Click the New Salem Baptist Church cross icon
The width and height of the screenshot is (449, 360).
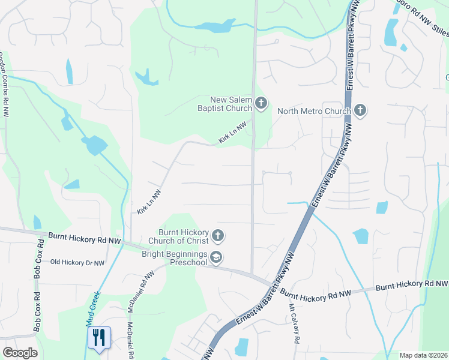click(x=261, y=103)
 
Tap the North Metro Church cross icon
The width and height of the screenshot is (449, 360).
click(x=360, y=110)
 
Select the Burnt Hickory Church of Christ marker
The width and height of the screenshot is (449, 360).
click(x=217, y=236)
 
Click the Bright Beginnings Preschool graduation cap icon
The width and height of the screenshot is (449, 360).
click(x=217, y=258)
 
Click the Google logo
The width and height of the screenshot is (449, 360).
click(x=20, y=353)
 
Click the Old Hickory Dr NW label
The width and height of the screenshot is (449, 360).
click(x=77, y=262)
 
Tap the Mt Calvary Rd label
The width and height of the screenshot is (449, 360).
click(x=294, y=323)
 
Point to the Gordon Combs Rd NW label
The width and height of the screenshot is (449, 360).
click(x=5, y=83)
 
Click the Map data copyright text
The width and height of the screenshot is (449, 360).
click(x=423, y=355)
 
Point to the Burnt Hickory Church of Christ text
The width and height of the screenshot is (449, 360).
click(x=183, y=236)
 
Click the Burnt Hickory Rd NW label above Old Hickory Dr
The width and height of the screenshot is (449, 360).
click(x=85, y=239)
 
